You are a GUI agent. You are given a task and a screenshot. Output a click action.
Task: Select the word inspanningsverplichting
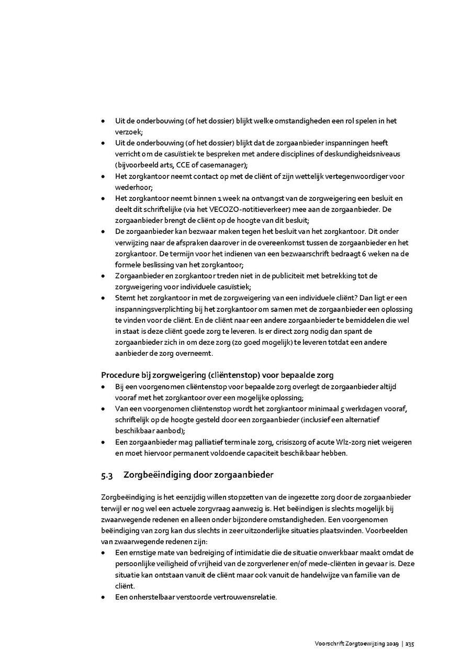click(x=154, y=309)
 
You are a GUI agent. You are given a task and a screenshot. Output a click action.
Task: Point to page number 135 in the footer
click(x=410, y=644)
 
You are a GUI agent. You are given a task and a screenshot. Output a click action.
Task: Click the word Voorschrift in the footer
click(x=329, y=644)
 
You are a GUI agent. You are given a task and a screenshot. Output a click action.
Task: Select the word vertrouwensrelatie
click(x=244, y=597)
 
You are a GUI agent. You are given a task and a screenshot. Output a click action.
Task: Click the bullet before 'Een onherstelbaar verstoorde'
click(x=104, y=597)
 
